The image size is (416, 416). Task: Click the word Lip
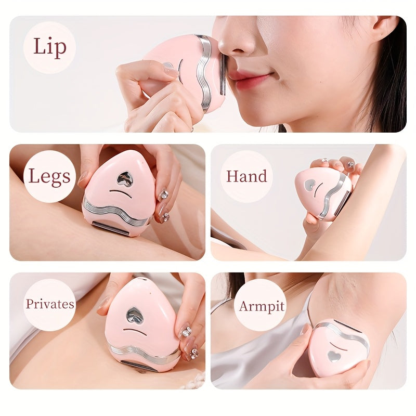49,47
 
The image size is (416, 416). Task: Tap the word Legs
49,176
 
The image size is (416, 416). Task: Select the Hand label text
246,176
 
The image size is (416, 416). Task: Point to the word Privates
50,304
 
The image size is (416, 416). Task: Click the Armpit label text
261,306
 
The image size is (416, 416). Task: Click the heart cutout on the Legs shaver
124,179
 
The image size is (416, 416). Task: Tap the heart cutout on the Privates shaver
135,315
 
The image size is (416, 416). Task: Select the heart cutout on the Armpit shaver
335,356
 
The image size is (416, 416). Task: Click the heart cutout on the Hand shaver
310,185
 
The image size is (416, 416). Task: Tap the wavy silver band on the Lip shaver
204,73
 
